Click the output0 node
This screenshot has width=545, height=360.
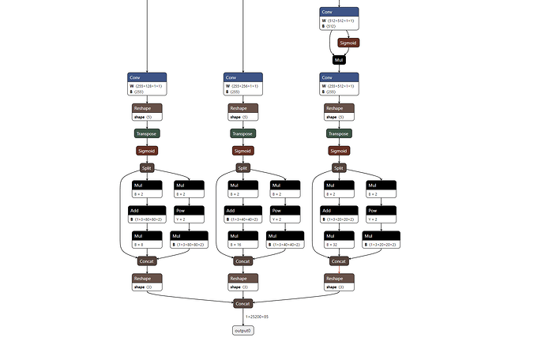tap(242, 330)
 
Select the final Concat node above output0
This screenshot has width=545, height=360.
tap(242, 303)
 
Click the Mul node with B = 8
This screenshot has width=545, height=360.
tap(146, 240)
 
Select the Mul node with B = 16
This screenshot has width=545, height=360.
tap(242, 240)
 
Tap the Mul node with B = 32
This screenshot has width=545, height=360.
tap(339, 240)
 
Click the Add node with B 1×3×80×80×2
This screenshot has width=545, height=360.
tap(146, 215)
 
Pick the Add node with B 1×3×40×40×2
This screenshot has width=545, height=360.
tap(242, 215)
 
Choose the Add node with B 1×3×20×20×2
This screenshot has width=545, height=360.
tap(339, 215)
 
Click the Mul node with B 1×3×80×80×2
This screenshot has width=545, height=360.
tap(188, 240)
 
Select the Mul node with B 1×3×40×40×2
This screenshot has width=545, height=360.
tap(284, 240)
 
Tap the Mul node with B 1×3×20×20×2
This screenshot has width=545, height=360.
tap(380, 240)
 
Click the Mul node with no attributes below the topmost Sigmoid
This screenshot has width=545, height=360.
tap(339, 59)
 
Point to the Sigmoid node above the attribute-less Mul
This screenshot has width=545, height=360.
tap(348, 43)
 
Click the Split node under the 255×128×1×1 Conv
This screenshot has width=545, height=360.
tap(146, 167)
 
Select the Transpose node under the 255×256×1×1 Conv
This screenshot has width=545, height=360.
tap(242, 133)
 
